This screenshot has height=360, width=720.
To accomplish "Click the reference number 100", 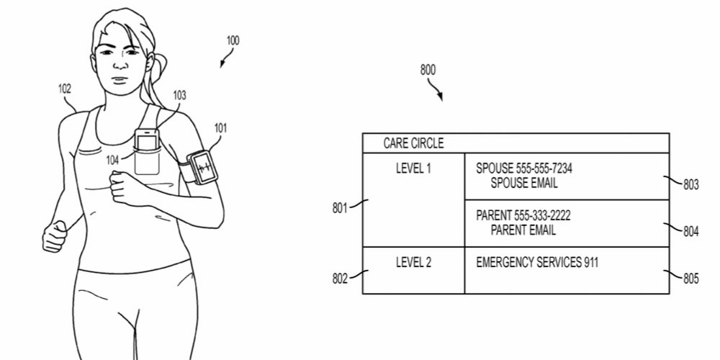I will pos(233,40).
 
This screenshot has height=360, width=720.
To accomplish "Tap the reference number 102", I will pos(65,89).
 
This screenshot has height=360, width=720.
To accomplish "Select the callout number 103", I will pos(179,94).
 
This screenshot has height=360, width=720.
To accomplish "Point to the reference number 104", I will pos(113,160).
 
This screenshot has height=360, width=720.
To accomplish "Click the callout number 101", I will pos(220,129).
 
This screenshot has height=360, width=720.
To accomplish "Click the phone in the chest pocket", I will pos(147,140).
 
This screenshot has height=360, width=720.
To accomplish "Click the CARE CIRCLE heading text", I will pos(413,143).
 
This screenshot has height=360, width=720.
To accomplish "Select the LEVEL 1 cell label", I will pos(414,168).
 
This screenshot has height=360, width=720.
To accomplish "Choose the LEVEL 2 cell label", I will pos(414,263).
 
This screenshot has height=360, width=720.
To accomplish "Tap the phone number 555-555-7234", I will pos(544,168).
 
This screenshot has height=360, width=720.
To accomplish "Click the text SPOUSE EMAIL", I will pos(524,184).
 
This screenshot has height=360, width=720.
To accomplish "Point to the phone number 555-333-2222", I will pos(545,216).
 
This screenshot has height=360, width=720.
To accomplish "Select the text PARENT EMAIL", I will pos(523,231).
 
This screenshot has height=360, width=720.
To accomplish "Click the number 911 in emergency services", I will pos(589,263).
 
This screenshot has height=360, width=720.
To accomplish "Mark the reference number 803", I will pos(690,185).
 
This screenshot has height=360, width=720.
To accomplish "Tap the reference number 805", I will pos(690,279).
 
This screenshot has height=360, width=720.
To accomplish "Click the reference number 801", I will pos(340,209).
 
